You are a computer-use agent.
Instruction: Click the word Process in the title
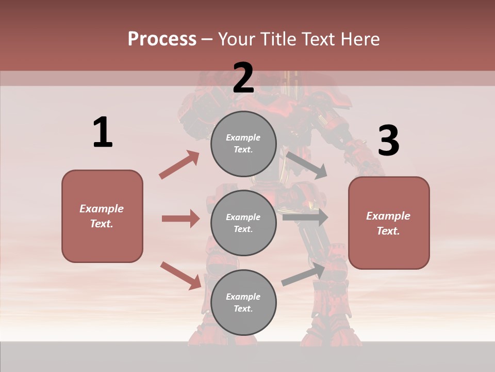[162, 39]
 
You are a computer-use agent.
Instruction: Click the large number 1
[103, 133]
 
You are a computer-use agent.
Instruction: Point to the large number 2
[243, 79]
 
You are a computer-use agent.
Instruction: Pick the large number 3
[388, 141]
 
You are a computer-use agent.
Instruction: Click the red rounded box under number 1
[102, 216]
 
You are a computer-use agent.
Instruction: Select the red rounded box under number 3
[389, 223]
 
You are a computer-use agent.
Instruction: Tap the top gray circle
[243, 144]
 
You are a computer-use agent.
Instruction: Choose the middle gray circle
[243, 223]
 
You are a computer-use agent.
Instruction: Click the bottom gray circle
[243, 303]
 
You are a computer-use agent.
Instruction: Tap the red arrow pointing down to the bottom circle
[181, 275]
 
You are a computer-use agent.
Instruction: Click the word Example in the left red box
[102, 209]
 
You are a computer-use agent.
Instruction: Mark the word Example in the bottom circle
[243, 297]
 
